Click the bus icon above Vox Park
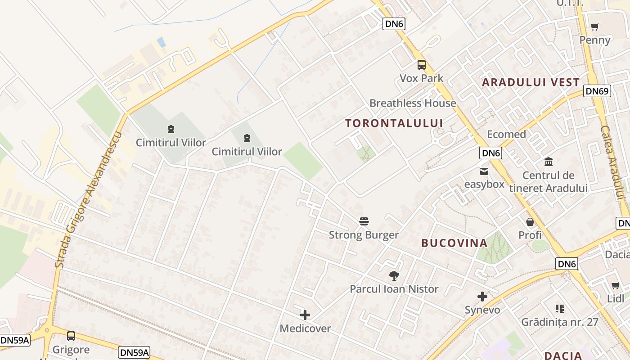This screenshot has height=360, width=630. click(421, 65)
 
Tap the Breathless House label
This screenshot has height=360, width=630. click(413, 103)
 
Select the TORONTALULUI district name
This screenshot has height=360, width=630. click(394, 123)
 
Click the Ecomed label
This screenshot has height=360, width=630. click(506, 134)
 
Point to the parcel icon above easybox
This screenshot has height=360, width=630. click(484, 171)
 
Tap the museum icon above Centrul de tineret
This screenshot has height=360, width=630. click(549, 162)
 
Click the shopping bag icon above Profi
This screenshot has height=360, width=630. click(530, 222)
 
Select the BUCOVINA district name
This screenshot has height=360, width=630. click(454, 243)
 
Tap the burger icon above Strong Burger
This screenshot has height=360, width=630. click(364, 221)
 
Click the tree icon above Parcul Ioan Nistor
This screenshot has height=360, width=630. click(394, 275)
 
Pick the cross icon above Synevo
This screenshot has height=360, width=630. click(482, 297)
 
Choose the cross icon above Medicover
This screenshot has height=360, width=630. click(305, 315)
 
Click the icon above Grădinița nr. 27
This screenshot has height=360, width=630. click(560, 309)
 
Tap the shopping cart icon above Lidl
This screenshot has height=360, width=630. click(615, 285)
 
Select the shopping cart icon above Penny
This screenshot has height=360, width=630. click(595, 27)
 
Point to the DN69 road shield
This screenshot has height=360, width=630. click(597, 91)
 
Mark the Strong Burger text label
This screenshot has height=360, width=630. click(364, 235)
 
